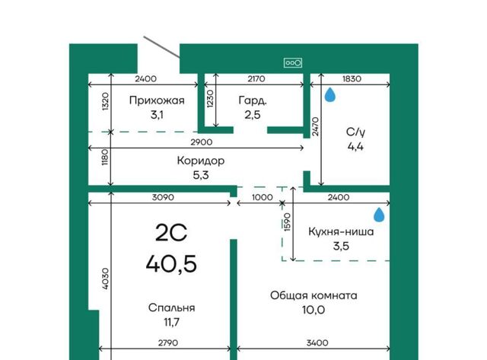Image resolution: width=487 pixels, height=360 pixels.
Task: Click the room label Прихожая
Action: [157, 100]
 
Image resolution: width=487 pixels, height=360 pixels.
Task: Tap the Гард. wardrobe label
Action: [253, 100]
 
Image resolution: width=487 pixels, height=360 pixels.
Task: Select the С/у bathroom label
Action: [355, 132]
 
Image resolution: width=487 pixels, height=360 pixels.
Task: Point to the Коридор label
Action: [201, 161]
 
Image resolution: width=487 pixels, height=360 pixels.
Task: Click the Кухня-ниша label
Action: [341, 231]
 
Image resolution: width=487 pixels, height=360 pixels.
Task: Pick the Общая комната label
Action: [314, 295]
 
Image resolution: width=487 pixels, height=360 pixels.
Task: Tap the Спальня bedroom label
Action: [171, 307]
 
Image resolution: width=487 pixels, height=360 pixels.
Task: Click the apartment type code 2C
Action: [171, 233]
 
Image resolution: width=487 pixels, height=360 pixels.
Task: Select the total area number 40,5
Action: [171, 263]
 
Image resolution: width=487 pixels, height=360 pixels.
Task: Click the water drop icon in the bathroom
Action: [329, 94]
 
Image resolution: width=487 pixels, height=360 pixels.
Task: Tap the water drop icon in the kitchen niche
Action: [379, 215]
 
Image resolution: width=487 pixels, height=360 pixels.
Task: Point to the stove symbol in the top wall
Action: [292, 63]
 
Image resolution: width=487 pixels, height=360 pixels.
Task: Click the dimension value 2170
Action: [256, 79]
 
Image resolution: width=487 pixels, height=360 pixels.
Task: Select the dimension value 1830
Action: [352, 79]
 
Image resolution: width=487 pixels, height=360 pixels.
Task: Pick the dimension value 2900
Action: [202, 142]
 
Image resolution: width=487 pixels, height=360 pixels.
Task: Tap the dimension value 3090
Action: [163, 197]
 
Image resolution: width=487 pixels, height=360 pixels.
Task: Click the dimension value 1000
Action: [263, 197]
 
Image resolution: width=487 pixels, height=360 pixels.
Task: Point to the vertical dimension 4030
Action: [106, 279]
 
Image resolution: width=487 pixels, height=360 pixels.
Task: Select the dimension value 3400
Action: [317, 343]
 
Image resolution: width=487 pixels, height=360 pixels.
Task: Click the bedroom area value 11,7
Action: [171, 323]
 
